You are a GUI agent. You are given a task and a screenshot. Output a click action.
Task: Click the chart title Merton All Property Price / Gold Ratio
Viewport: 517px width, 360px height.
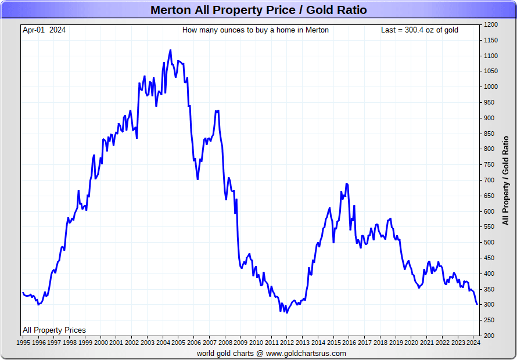click(x=258, y=10)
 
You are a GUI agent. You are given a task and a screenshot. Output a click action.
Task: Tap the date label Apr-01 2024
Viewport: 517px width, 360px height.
click(x=44, y=30)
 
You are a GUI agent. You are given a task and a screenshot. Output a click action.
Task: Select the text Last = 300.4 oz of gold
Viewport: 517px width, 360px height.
click(x=419, y=30)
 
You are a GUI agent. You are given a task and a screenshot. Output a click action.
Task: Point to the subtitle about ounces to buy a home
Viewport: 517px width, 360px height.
click(x=256, y=30)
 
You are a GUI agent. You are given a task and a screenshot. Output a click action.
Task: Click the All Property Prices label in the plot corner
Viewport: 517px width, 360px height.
click(x=55, y=330)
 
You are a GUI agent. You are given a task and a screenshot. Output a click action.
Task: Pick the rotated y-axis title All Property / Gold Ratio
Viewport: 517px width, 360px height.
click(x=505, y=181)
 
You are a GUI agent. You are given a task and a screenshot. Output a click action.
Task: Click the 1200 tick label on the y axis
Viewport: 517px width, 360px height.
click(x=491, y=25)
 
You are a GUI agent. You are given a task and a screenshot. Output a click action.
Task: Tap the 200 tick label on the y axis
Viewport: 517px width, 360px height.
click(x=490, y=336)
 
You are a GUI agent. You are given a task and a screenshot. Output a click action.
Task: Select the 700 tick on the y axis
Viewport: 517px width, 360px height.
click(x=490, y=181)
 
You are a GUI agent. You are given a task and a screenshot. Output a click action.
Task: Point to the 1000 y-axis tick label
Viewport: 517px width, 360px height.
click(x=491, y=87)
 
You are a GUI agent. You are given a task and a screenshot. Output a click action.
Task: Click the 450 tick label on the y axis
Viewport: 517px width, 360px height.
click(x=490, y=258)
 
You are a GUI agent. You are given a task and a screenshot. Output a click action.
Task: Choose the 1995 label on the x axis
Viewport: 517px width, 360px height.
click(x=23, y=343)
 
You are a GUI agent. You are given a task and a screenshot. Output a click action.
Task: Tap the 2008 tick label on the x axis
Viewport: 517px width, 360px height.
click(x=225, y=343)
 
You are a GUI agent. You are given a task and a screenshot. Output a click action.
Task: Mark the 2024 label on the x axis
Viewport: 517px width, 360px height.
click(x=473, y=343)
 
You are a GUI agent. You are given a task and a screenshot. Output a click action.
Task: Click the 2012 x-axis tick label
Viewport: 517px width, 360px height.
click(x=287, y=343)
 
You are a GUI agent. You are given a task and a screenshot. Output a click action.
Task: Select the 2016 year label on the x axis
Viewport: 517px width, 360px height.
click(x=349, y=343)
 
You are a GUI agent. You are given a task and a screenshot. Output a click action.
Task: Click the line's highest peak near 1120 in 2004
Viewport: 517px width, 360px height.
click(x=170, y=50)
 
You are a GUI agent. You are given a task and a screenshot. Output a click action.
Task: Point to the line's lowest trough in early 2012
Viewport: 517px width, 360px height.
click(x=287, y=312)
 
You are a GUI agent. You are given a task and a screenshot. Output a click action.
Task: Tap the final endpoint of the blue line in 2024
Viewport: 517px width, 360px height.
click(x=477, y=304)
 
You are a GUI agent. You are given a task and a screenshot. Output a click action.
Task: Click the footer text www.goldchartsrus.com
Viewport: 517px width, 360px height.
click(x=306, y=354)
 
